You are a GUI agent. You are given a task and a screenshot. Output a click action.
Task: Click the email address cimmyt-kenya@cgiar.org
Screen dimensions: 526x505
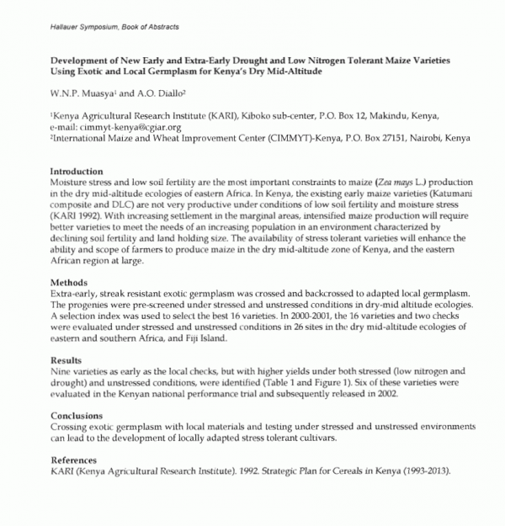tap(128, 125)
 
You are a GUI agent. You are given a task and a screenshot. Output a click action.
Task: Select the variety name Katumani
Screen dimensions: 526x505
tap(425, 193)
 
